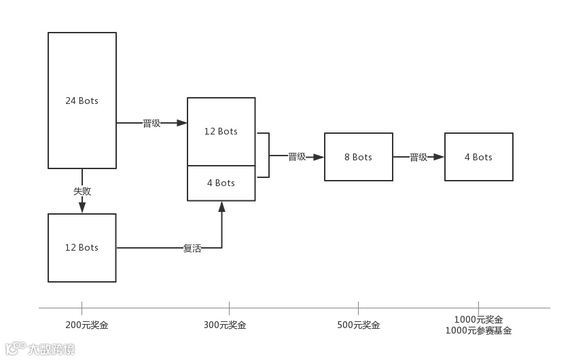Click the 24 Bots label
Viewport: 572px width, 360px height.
(82, 101)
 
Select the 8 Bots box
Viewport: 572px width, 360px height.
(358, 157)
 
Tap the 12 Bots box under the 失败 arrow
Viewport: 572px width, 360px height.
(82, 247)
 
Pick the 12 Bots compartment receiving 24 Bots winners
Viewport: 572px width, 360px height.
(221, 131)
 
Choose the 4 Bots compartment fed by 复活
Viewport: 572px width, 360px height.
(221, 183)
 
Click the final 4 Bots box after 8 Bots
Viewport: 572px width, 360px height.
(478, 157)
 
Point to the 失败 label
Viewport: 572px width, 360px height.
(82, 191)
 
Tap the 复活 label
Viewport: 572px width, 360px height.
(192, 249)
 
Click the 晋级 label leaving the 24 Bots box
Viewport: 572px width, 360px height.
(151, 124)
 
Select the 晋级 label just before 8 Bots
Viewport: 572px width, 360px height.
(297, 157)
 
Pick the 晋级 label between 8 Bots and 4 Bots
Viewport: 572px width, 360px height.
(418, 157)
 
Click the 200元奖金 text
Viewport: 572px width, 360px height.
(87, 325)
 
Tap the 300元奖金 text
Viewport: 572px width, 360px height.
(225, 325)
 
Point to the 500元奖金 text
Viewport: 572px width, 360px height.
(359, 325)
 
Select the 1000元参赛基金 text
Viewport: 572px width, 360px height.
(478, 331)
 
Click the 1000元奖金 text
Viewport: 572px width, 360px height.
(478, 319)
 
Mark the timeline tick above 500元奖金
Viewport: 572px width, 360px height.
(358, 308)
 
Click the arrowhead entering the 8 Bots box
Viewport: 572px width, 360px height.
(319, 157)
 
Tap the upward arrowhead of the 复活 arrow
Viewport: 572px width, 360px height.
(221, 206)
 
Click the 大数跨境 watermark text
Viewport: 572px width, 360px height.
(51, 349)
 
